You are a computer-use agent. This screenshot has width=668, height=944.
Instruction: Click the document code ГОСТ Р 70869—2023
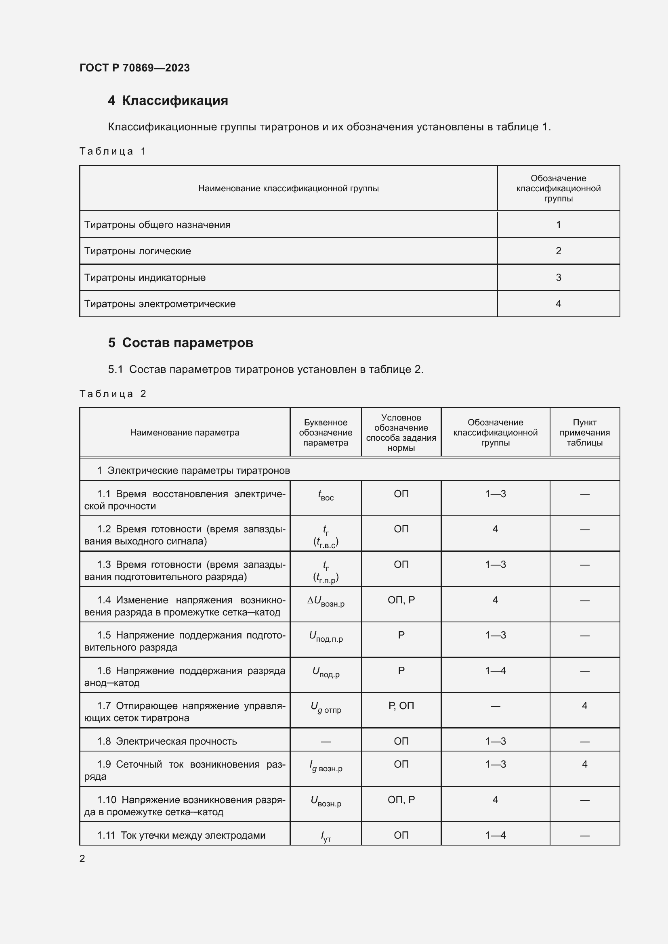[134, 68]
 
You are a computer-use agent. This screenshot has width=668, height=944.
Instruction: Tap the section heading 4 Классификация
[168, 101]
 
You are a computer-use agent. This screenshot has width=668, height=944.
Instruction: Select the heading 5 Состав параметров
[180, 343]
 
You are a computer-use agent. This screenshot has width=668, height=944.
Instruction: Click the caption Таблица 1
[113, 151]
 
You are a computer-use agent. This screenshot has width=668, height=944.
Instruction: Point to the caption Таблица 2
[113, 394]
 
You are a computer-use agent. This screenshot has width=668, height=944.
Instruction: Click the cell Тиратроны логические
[137, 251]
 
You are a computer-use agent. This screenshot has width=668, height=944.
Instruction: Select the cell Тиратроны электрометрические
[160, 304]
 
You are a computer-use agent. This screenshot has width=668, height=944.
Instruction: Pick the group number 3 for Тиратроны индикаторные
[558, 278]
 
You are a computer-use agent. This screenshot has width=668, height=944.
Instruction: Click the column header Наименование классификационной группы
[288, 189]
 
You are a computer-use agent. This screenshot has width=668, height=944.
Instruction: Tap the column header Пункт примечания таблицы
[584, 433]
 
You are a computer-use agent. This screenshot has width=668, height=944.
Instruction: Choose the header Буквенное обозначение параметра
[326, 433]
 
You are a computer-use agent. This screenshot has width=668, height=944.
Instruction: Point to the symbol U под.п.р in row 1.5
[326, 637]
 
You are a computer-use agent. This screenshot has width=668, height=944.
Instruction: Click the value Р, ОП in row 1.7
[401, 706]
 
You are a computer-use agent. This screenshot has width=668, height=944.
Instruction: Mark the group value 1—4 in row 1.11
[495, 835]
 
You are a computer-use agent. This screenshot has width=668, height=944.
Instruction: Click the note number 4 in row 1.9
[584, 764]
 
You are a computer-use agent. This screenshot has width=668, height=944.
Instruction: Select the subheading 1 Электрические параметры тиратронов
[193, 471]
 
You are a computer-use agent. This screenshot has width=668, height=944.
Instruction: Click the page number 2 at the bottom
[82, 859]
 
